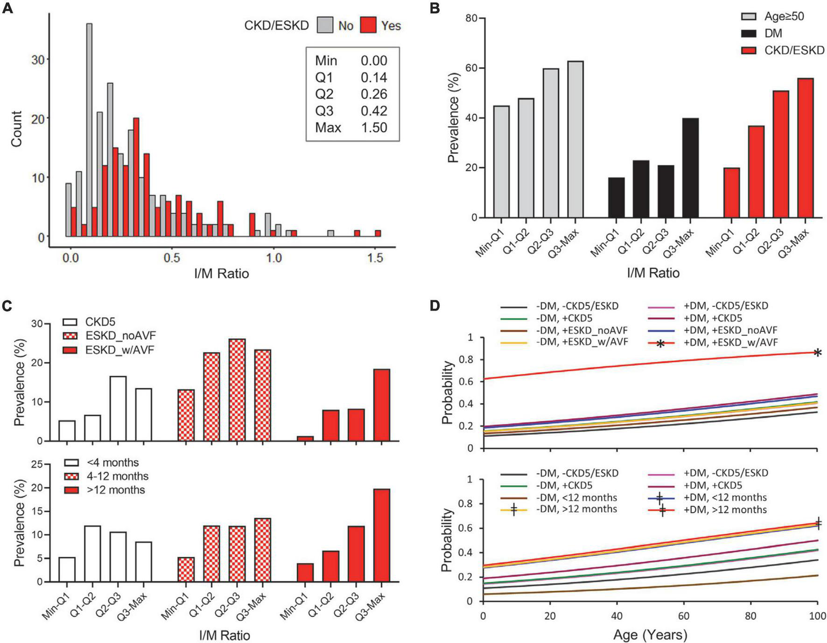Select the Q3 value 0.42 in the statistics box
(x=373, y=111)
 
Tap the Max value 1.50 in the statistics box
(x=373, y=127)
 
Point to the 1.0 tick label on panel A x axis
(x=273, y=257)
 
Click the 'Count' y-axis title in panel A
(x=16, y=129)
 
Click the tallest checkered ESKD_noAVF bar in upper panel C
(x=237, y=390)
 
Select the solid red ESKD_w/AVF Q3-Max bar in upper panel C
(x=381, y=405)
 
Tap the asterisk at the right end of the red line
(x=817, y=353)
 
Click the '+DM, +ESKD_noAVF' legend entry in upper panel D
(x=730, y=330)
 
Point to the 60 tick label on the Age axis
(x=684, y=612)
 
